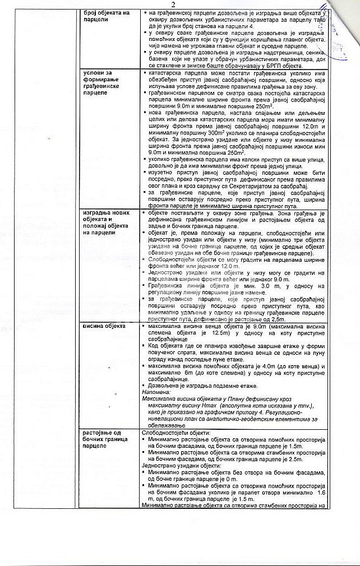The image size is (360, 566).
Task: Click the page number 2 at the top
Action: click(x=181, y=4)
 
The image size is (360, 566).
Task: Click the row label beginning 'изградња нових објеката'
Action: click(x=107, y=222)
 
